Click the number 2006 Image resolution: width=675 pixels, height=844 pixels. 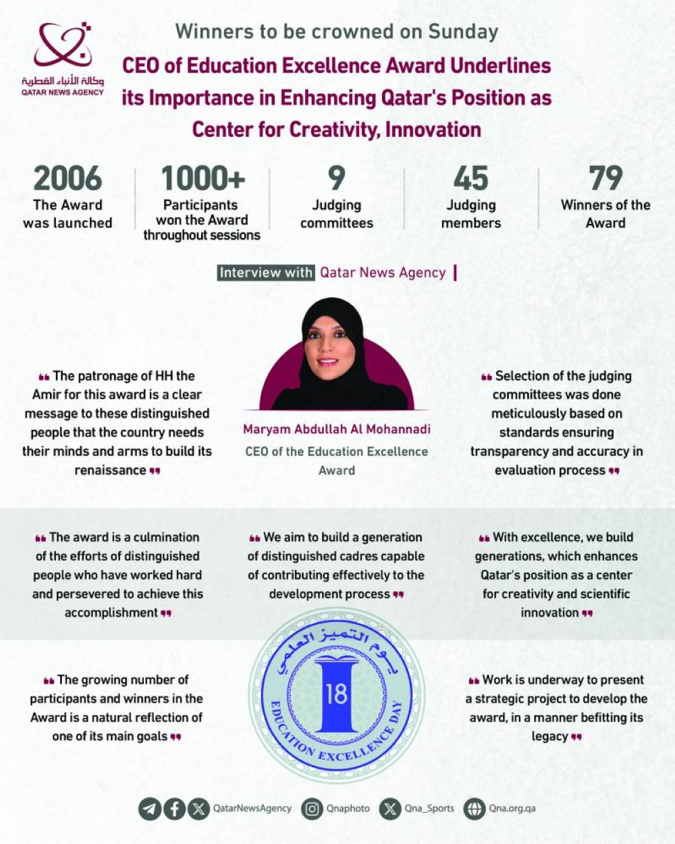pyautogui.click(x=67, y=179)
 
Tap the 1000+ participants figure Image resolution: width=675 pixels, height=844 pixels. pyautogui.click(x=202, y=179)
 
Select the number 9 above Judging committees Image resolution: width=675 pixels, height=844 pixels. pyautogui.click(x=336, y=179)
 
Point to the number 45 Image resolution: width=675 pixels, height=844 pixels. pyautogui.click(x=470, y=179)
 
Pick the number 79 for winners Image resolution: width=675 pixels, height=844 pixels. pyautogui.click(x=605, y=179)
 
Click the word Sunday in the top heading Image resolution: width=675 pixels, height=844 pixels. pyautogui.click(x=463, y=32)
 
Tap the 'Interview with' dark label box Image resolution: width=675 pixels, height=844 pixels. pyautogui.click(x=266, y=273)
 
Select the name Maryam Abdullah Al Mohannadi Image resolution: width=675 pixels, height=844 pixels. pyautogui.click(x=337, y=429)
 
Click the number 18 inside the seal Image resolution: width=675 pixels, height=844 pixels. pyautogui.click(x=336, y=693)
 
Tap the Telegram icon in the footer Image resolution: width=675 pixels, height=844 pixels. pyautogui.click(x=150, y=808)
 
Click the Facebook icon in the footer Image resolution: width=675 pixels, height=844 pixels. pyautogui.click(x=174, y=808)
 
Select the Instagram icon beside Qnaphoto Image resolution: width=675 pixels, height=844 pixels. pyautogui.click(x=312, y=808)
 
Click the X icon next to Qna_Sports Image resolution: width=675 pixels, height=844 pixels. pyautogui.click(x=390, y=808)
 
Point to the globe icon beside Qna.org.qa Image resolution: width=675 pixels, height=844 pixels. pyautogui.click(x=475, y=808)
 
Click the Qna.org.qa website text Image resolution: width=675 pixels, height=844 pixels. pyautogui.click(x=512, y=808)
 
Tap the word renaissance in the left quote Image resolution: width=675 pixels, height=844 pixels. pyautogui.click(x=110, y=470)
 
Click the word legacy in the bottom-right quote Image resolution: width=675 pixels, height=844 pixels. pyautogui.click(x=549, y=736)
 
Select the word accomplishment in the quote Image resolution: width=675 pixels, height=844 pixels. pyautogui.click(x=111, y=613)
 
